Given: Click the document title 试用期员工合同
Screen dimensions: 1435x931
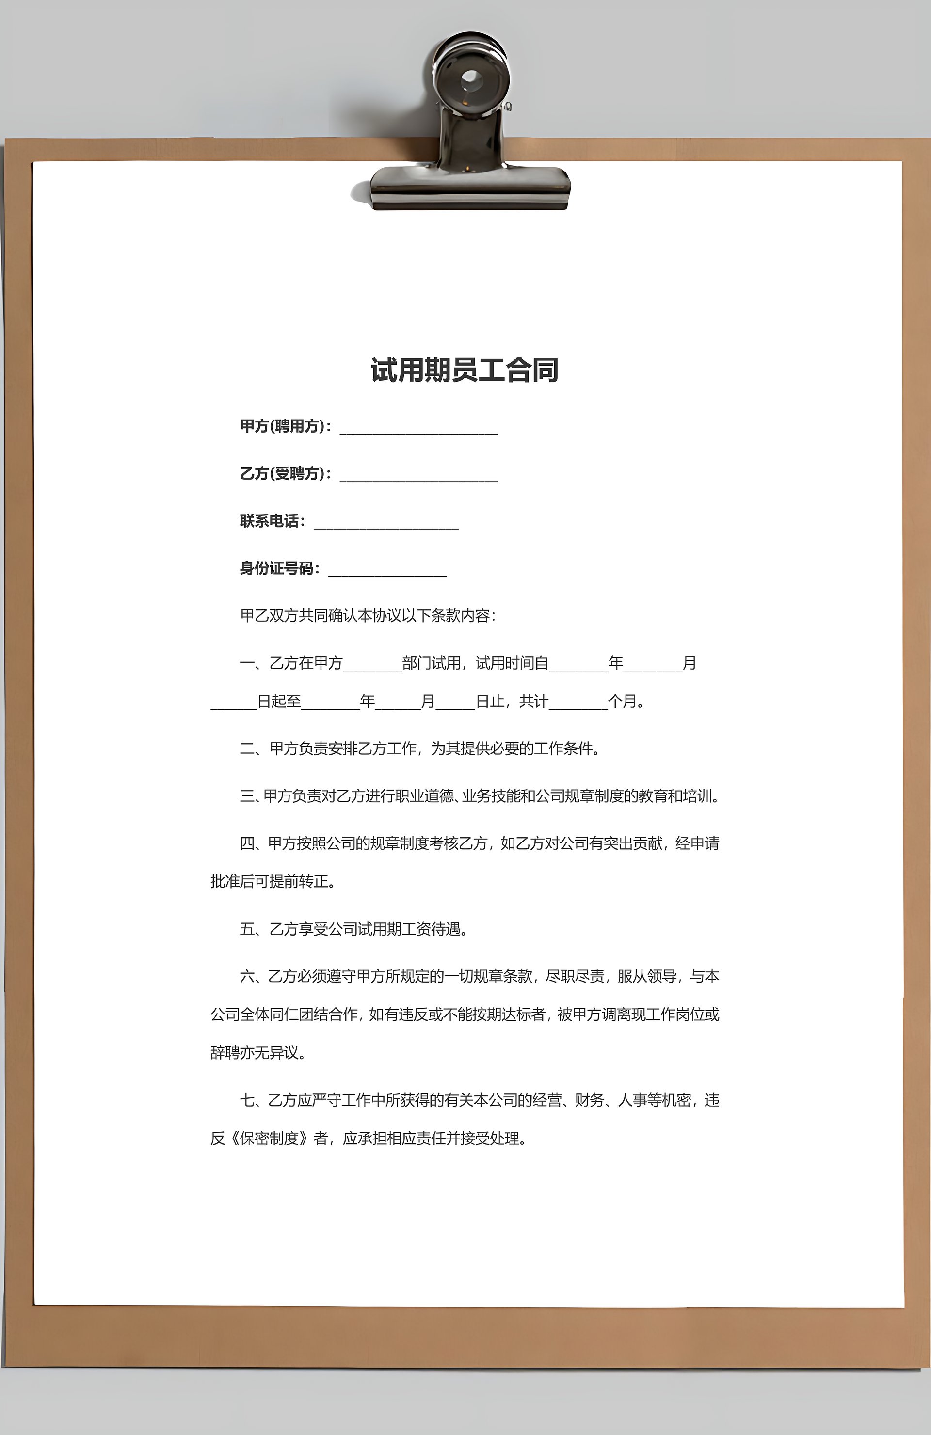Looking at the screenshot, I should tap(464, 370).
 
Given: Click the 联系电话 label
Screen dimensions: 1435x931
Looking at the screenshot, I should tap(269, 521).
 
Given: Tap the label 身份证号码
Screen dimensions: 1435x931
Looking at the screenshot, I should tap(276, 568).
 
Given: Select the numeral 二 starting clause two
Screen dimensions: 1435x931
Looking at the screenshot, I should tap(247, 748).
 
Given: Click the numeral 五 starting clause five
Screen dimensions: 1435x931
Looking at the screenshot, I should tap(247, 929).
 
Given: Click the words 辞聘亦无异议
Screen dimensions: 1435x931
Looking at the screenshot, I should tap(254, 1053).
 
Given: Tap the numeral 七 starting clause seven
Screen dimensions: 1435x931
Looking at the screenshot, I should tap(247, 1100).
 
